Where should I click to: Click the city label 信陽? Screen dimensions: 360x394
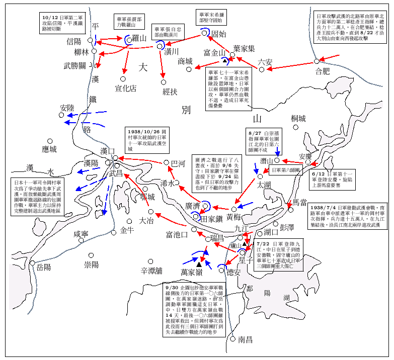pyautogui.click(x=74, y=42)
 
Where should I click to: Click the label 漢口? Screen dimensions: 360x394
pyautogui.click(x=108, y=150)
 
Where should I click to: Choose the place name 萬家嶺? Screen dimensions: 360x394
pyautogui.click(x=192, y=272)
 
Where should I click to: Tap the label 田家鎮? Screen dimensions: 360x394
pyautogui.click(x=211, y=219)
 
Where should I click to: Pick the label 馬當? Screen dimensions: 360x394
pyautogui.click(x=300, y=202)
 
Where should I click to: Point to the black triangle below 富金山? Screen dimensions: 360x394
pyautogui.click(x=225, y=60)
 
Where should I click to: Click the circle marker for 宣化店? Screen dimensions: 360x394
pyautogui.click(x=122, y=78)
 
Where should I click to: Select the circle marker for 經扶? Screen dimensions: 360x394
pyautogui.click(x=163, y=82)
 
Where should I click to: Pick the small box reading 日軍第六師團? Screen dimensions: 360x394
pyautogui.click(x=286, y=171)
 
